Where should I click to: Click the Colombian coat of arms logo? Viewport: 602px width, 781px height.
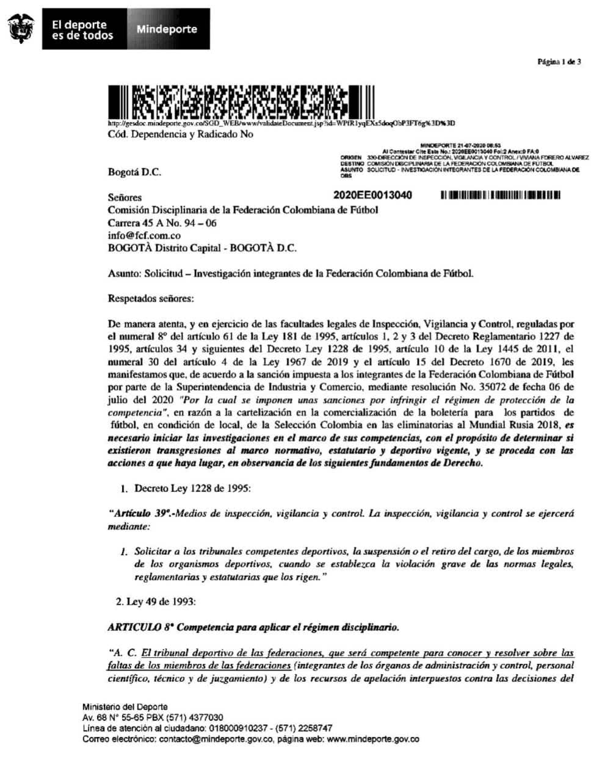(21, 28)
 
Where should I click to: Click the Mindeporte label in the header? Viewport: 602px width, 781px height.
(167, 29)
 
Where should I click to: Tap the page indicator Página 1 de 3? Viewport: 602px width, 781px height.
(559, 62)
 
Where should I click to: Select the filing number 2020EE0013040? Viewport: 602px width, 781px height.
(372, 195)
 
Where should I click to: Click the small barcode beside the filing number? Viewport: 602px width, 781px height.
(499, 195)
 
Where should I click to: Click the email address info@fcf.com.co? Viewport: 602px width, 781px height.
(144, 236)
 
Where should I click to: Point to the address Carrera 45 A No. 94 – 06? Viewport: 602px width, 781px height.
(162, 223)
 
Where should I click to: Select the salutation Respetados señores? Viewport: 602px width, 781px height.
(150, 299)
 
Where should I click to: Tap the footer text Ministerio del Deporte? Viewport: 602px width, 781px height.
(125, 707)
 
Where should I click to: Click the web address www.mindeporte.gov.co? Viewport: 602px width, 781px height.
(373, 739)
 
